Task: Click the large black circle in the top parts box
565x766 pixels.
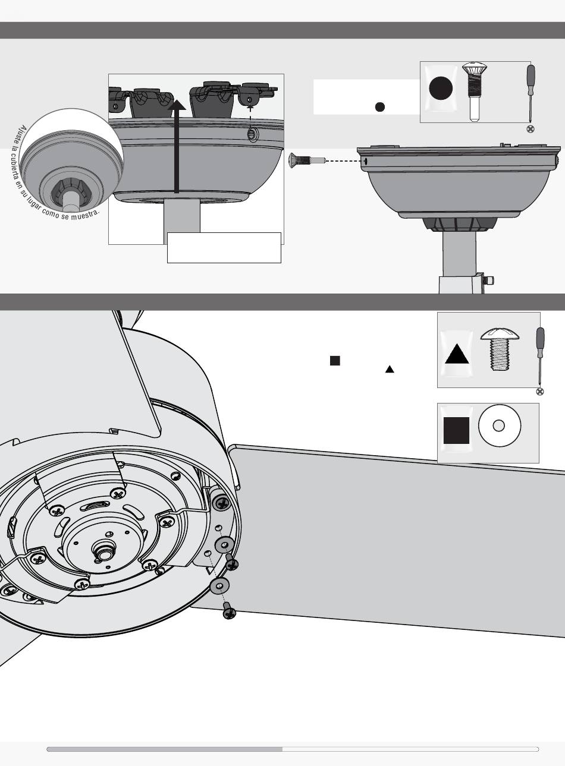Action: pos(441,88)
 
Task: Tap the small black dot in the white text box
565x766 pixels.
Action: pos(380,107)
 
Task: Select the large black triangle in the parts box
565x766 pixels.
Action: pos(457,354)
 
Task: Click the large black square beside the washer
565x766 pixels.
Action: pos(456,430)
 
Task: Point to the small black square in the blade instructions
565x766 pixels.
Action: pos(335,361)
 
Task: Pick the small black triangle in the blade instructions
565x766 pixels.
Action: pos(390,369)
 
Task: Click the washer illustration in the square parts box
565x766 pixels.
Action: pos(500,425)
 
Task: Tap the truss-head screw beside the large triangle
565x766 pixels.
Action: pos(500,349)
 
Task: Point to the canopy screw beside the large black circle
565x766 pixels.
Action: pos(475,92)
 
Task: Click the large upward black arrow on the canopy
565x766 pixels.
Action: pos(177,146)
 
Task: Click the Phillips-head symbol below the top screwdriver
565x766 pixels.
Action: pos(530,129)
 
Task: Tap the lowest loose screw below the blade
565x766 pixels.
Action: pos(229,611)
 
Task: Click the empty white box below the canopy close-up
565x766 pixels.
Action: pos(224,248)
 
